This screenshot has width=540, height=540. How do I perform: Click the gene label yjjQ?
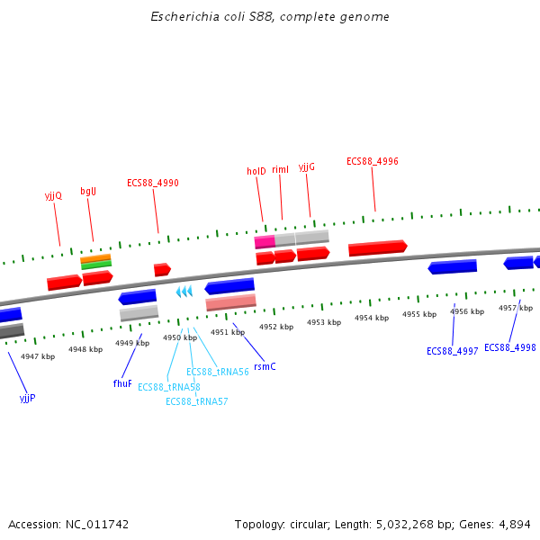coord(53,194)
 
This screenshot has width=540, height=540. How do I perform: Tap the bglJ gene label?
coord(88,191)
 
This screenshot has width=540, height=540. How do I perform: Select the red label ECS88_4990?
coord(152,183)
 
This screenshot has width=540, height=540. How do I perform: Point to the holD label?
coord(256,171)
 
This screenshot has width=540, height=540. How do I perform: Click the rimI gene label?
coord(280,169)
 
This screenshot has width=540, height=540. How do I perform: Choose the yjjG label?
coord(307,166)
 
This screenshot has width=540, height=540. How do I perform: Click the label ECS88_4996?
coord(373,162)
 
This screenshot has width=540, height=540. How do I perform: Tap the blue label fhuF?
coord(122,383)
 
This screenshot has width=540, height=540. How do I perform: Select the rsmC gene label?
coord(265,366)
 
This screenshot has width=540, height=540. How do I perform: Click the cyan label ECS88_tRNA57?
coord(197,401)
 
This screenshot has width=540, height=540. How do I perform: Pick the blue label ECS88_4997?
coord(453,351)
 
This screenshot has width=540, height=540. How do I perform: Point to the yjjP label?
coord(27,397)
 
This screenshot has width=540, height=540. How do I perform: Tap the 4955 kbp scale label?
coord(419,314)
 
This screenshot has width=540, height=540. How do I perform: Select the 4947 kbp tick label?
coord(38,356)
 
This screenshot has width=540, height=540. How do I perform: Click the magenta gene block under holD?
coord(265,241)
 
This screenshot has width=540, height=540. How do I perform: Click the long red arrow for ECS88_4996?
coord(377,247)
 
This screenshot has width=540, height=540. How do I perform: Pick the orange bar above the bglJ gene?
coord(95,258)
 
